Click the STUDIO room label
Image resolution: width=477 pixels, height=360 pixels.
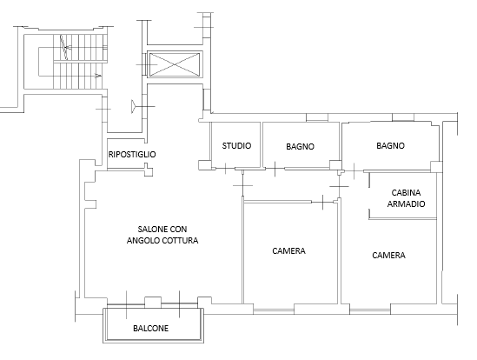pyautogui.click(x=236, y=146)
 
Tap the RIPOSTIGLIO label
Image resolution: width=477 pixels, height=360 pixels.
pyautogui.click(x=132, y=155)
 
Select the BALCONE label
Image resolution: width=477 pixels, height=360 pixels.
pyautogui.click(x=151, y=329)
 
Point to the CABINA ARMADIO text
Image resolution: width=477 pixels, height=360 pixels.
pyautogui.click(x=406, y=198)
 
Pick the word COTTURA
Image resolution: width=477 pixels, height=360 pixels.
pyautogui.click(x=180, y=241)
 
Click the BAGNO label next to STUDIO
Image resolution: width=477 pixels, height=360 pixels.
pyautogui.click(x=300, y=147)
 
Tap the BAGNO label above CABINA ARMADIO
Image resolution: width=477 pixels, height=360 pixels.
pyautogui.click(x=391, y=146)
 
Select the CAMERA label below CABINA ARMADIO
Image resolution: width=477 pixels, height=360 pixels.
pyautogui.click(x=388, y=256)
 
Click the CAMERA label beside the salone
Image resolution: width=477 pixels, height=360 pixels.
pyautogui.click(x=288, y=251)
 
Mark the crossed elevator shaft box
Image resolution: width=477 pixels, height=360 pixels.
pyautogui.click(x=175, y=64)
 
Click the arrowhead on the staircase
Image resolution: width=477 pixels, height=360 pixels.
pyautogui.click(x=98, y=76)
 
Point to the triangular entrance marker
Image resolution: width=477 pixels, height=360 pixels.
pyautogui.click(x=134, y=106)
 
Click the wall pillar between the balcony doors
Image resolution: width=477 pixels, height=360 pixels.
pyautogui.click(x=153, y=302)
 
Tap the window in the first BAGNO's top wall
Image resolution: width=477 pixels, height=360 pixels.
pyautogui.click(x=317, y=117)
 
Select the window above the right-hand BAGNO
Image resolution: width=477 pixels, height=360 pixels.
pyautogui.click(x=403, y=117)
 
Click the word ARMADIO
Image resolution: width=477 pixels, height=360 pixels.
pyautogui.click(x=406, y=203)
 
